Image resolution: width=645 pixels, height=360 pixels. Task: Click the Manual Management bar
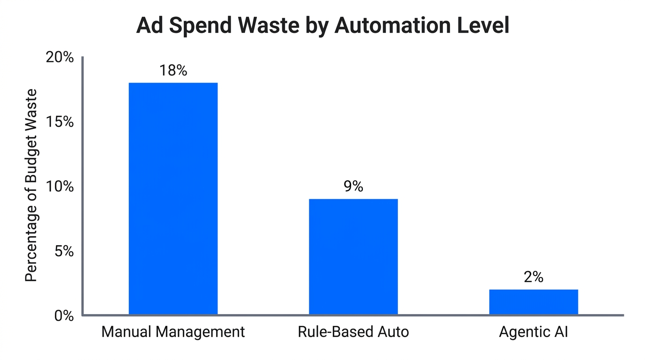click(173, 198)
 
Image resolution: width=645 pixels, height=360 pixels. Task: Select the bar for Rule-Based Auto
click(353, 256)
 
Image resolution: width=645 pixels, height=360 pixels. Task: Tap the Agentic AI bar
click(533, 302)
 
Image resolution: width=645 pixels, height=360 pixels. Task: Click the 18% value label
click(173, 70)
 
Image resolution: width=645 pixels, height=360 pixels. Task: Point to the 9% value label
click(353, 187)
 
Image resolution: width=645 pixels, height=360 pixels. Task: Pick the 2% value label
click(533, 277)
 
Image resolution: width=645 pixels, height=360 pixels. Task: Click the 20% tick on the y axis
click(60, 58)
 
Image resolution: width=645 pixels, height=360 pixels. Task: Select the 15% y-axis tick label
click(60, 122)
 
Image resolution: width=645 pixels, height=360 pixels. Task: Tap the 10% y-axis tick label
click(60, 187)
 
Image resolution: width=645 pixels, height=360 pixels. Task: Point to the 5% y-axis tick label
click(64, 251)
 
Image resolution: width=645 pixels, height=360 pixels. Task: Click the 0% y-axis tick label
click(64, 315)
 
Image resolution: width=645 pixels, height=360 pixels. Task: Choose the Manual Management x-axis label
click(173, 332)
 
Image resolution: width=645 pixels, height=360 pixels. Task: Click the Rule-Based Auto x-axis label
click(353, 332)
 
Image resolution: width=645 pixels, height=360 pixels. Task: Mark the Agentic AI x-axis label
click(533, 332)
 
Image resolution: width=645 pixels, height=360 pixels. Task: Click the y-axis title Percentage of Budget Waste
click(31, 185)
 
